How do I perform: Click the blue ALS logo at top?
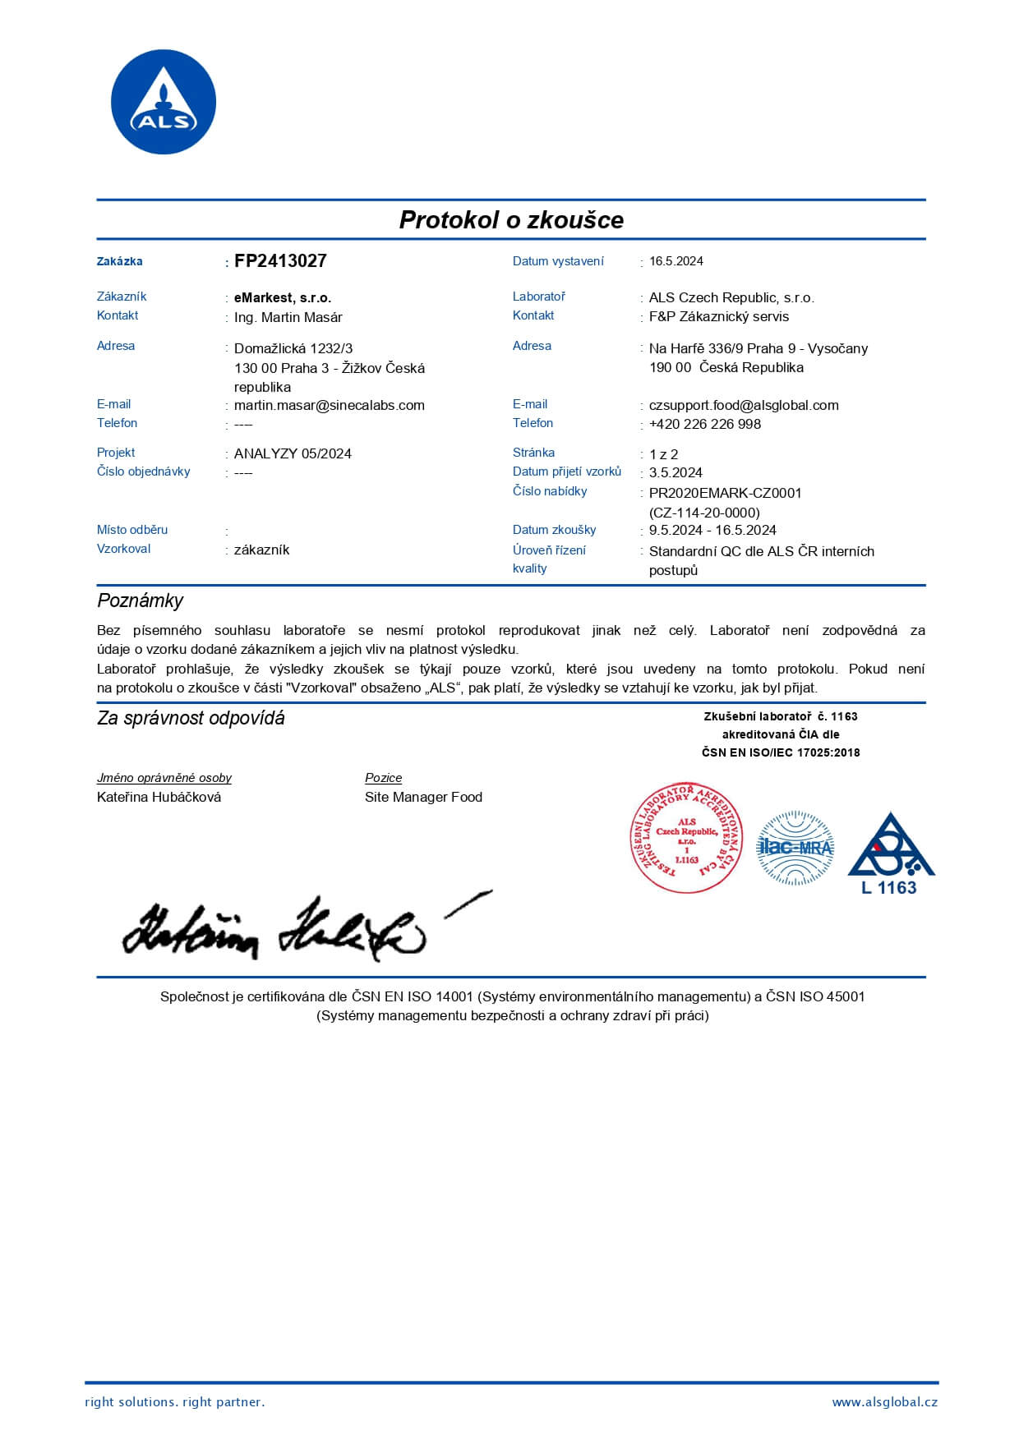click(163, 102)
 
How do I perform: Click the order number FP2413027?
click(280, 261)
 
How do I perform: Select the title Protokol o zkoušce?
click(511, 219)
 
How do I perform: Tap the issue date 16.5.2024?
click(676, 261)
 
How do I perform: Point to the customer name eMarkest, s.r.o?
click(283, 297)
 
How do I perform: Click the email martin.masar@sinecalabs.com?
click(330, 405)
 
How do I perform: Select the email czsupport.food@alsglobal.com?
click(744, 405)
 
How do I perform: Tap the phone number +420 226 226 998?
click(705, 424)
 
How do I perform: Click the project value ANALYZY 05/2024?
click(293, 453)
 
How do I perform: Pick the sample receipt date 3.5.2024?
click(675, 472)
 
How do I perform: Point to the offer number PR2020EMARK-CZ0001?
click(725, 493)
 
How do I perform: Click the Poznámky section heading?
click(141, 600)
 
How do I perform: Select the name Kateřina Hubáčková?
click(159, 797)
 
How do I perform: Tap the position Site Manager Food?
click(423, 797)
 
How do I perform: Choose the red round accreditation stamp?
click(686, 837)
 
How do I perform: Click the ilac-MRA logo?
click(795, 848)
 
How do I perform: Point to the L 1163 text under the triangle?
click(888, 888)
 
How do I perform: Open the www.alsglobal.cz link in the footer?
click(884, 1402)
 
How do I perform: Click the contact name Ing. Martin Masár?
click(288, 317)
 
